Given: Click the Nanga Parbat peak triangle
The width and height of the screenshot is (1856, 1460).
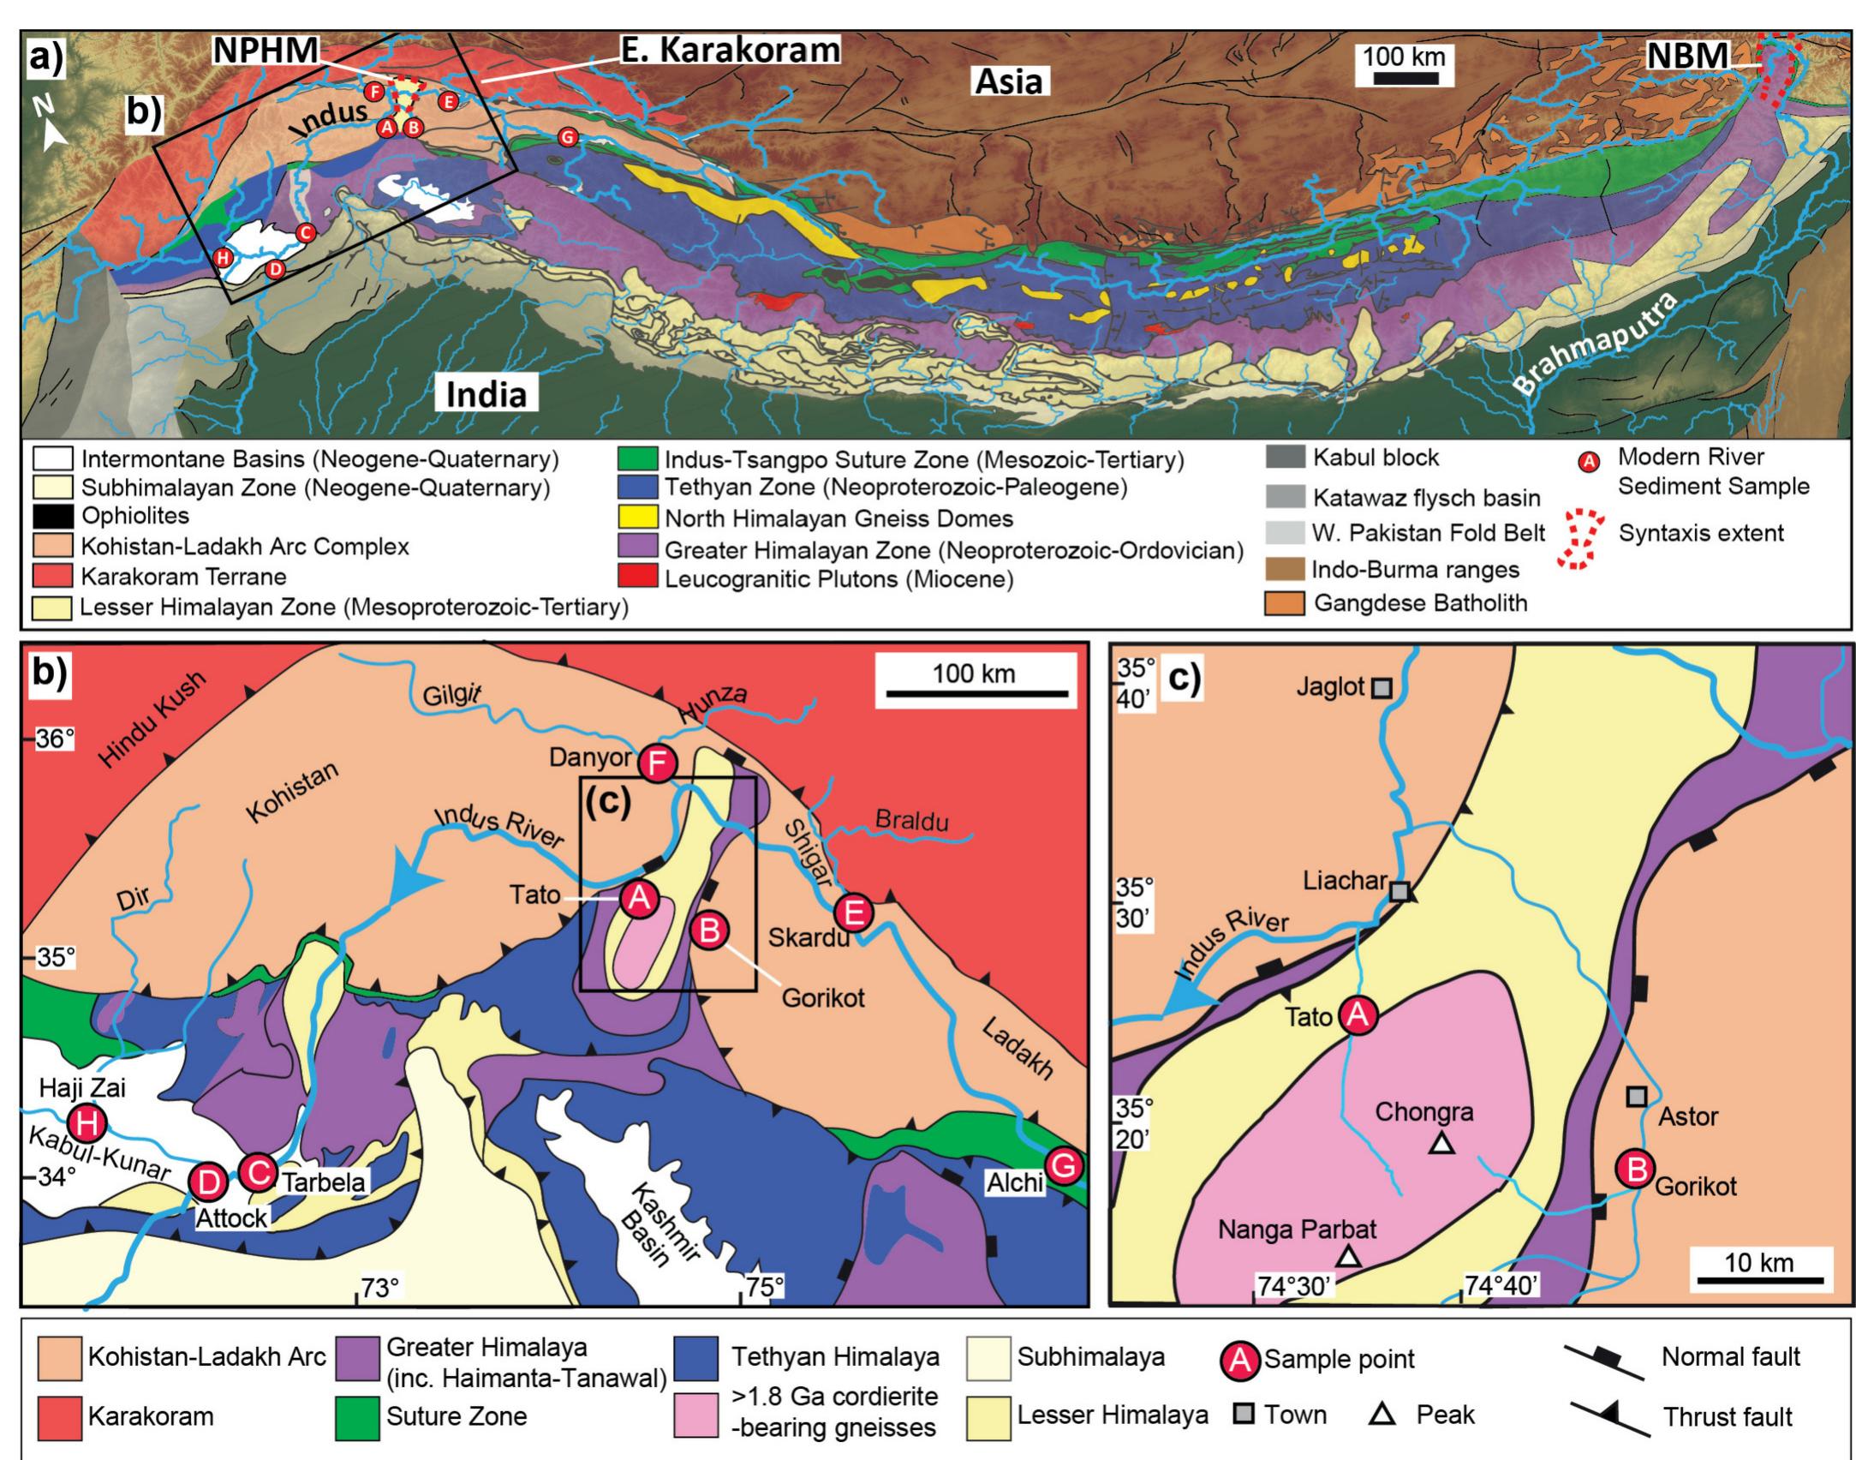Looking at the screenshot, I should [x=1349, y=1257].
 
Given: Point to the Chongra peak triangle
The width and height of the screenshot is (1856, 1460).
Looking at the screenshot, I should [x=1442, y=1143].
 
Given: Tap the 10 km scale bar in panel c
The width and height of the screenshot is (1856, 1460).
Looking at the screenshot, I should [x=1758, y=1280].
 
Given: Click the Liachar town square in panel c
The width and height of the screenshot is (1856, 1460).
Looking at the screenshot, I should [x=1399, y=892].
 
